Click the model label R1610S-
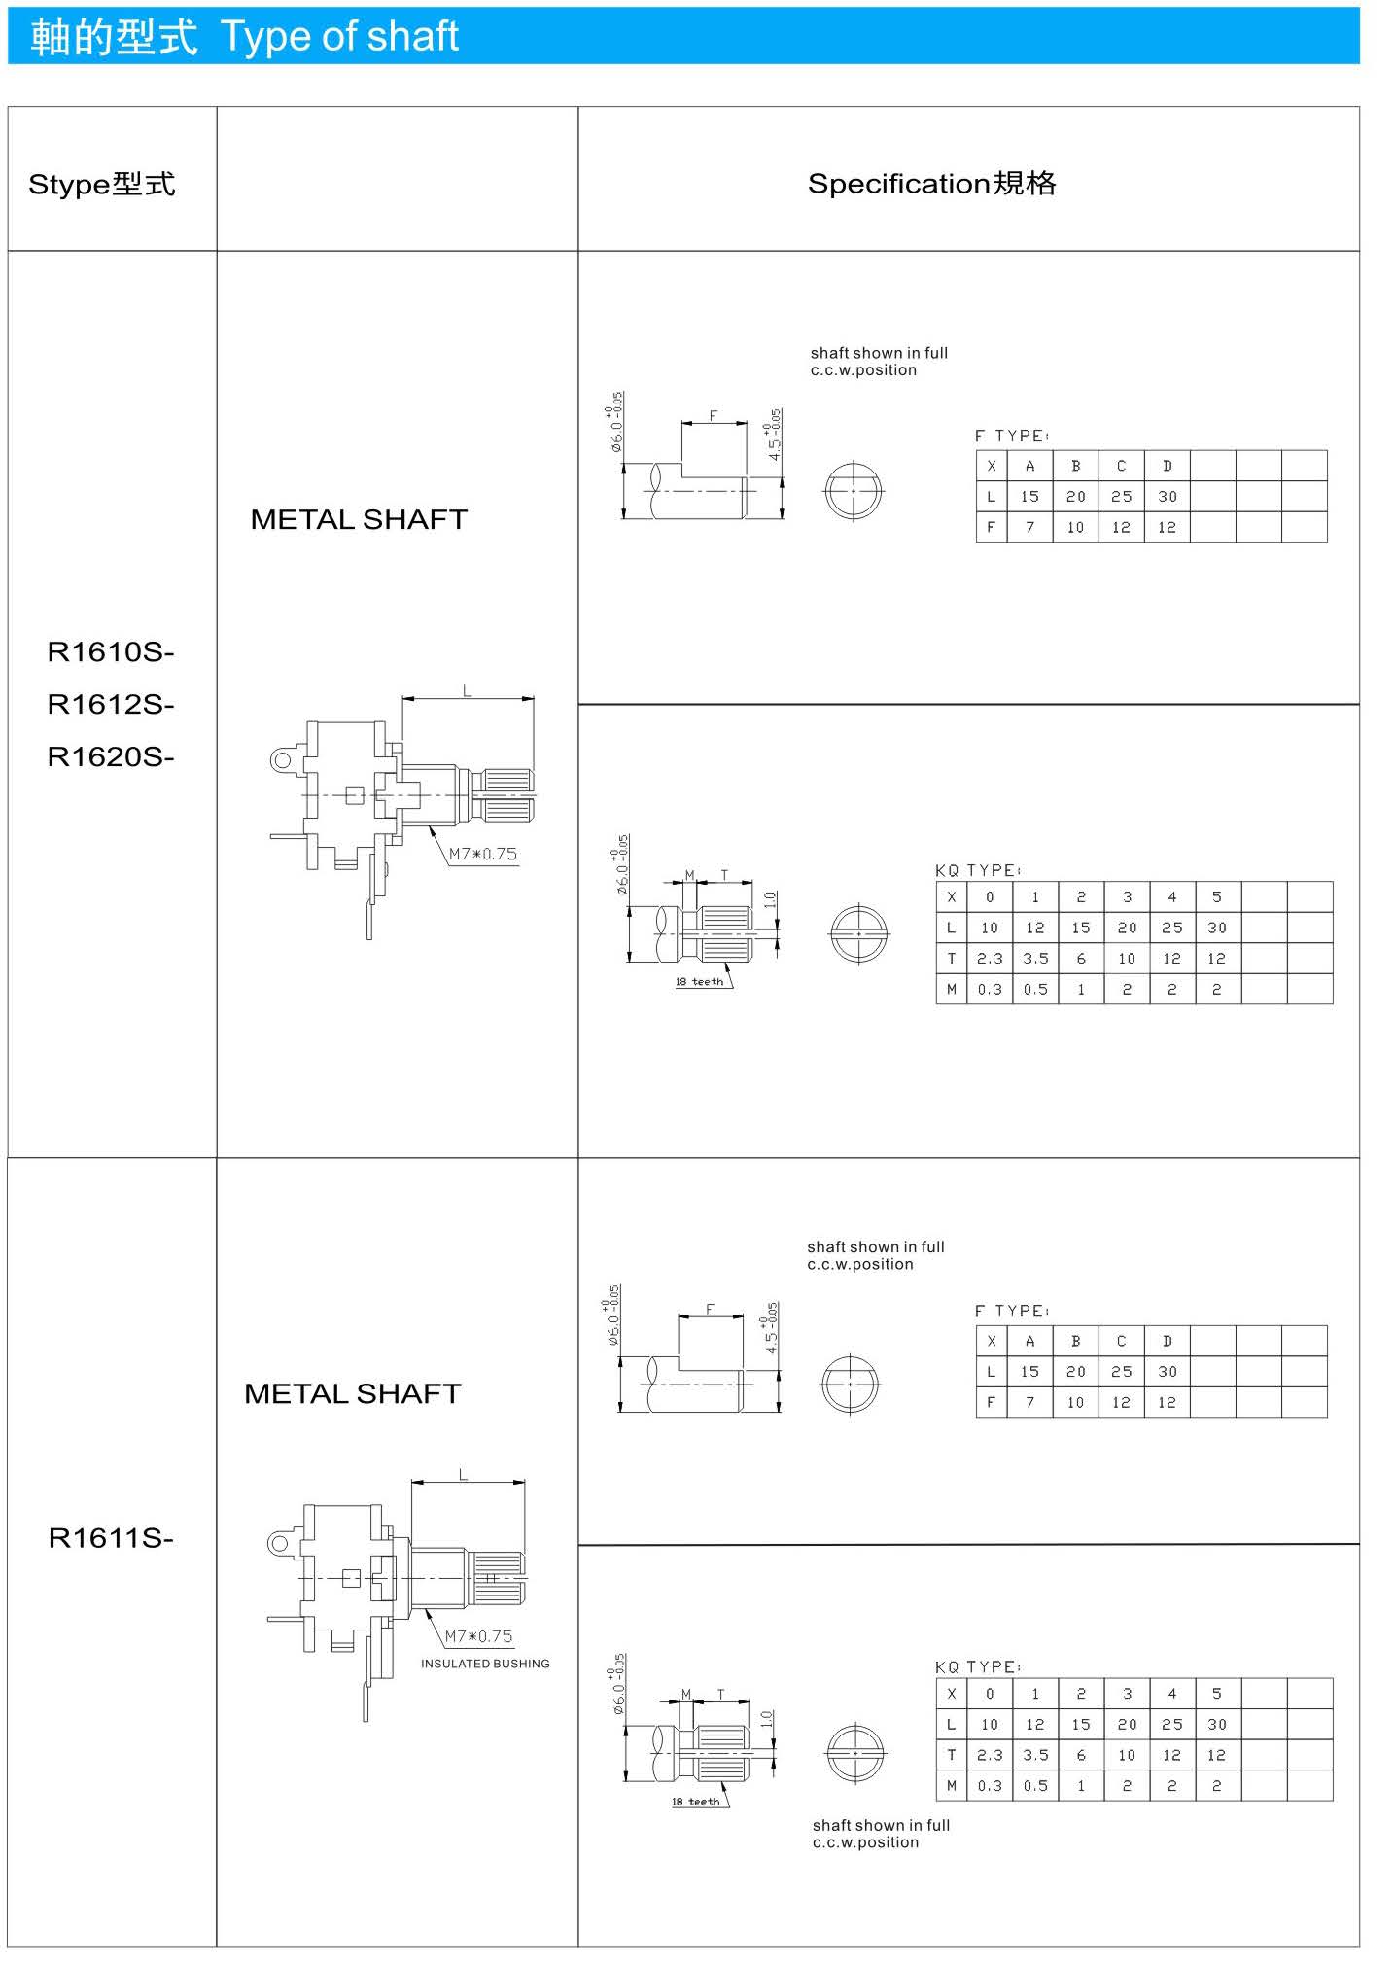click(x=111, y=651)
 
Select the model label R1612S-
click(x=111, y=704)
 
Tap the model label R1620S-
click(x=111, y=756)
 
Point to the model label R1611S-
click(x=111, y=1538)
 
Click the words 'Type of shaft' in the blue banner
click(x=339, y=37)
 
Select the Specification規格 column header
click(x=931, y=183)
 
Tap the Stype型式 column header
click(x=102, y=184)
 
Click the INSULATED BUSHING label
click(x=485, y=1664)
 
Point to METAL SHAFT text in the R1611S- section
click(x=353, y=1393)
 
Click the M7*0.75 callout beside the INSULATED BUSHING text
click(x=478, y=1636)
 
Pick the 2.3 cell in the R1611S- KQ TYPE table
click(x=990, y=1755)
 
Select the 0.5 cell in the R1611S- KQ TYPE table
click(x=1035, y=1786)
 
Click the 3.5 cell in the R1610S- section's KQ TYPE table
click(x=1035, y=958)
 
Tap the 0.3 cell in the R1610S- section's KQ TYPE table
click(x=990, y=989)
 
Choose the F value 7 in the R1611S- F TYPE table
click(x=1029, y=1402)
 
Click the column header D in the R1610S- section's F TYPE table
click(x=1168, y=466)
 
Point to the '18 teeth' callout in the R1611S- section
click(x=696, y=1802)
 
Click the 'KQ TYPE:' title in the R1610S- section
click(x=978, y=870)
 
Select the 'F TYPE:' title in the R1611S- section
click(x=1012, y=1311)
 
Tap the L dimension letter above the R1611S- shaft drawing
click(x=464, y=1475)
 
